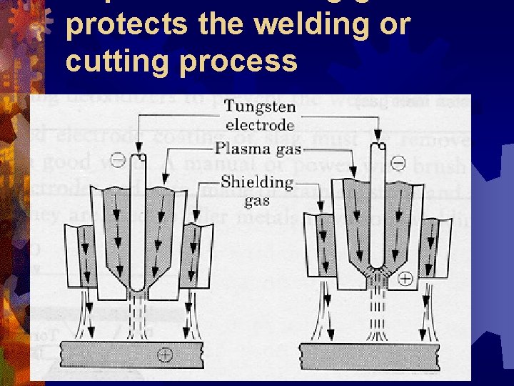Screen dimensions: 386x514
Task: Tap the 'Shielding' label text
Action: click(258, 181)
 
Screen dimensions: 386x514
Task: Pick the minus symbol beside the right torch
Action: click(398, 164)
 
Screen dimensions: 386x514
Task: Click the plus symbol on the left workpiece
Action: click(166, 354)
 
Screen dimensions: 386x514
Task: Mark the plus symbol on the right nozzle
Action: click(404, 278)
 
